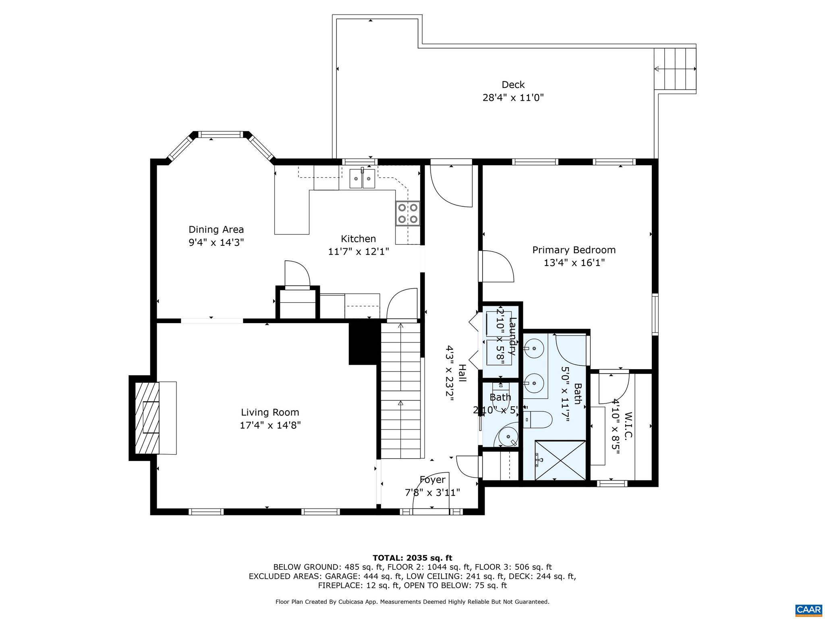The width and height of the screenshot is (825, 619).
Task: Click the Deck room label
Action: [513, 85]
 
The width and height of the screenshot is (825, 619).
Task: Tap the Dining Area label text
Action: [216, 230]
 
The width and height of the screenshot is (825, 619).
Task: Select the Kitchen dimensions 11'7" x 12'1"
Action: [358, 252]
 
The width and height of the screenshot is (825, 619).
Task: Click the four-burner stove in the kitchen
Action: [408, 214]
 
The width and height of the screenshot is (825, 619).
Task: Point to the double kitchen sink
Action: [362, 179]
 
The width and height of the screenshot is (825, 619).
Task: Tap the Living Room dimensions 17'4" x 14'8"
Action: [270, 425]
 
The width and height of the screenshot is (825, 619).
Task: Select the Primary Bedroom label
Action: [574, 250]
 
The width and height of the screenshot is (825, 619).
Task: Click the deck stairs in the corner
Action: [675, 69]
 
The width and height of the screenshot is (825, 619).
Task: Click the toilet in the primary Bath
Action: [538, 420]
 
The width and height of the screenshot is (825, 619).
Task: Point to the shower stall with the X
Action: [560, 460]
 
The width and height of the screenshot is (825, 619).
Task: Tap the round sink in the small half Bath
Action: [507, 437]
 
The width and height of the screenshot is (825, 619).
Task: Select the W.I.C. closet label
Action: [628, 425]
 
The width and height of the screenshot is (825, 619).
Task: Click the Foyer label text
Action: [432, 480]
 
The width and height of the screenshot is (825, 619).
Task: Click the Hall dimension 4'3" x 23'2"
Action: [450, 373]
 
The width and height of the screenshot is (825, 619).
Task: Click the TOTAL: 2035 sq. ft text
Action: [412, 558]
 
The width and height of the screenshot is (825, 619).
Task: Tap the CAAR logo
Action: [808, 609]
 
